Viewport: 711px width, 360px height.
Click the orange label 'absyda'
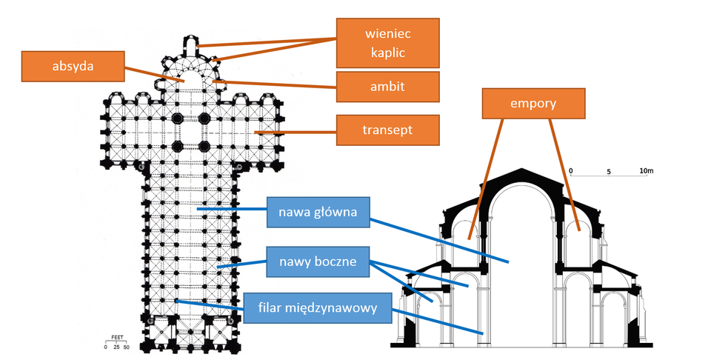72,66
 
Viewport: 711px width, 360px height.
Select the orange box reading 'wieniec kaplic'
387,43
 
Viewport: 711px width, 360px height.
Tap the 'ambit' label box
387,87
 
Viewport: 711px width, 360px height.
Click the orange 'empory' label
533,104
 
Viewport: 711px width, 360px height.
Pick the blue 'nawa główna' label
318,213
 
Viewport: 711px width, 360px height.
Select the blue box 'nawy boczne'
318,261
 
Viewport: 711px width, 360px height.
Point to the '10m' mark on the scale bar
647,171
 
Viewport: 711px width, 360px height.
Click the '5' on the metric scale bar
609,171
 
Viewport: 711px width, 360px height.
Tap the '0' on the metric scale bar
572,171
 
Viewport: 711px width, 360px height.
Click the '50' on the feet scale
126,347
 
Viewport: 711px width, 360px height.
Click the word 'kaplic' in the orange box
387,53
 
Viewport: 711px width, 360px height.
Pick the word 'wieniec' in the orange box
387,33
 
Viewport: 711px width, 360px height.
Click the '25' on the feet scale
116,347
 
